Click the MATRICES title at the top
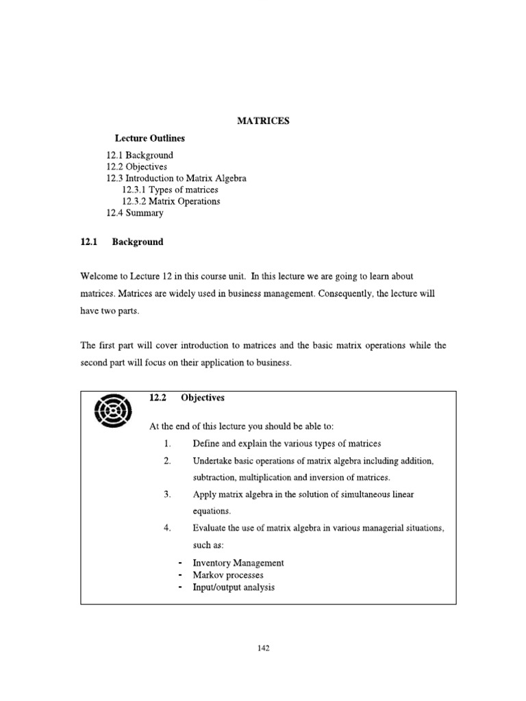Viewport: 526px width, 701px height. pyautogui.click(x=263, y=120)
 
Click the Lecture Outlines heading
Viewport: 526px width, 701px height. pyautogui.click(x=150, y=138)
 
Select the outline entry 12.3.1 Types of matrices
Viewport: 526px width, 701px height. pyautogui.click(x=170, y=190)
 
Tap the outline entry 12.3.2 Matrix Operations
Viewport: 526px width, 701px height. pyautogui.click(x=171, y=201)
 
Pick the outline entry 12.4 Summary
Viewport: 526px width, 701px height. pyautogui.click(x=135, y=213)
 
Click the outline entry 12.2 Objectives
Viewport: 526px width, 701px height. pyautogui.click(x=136, y=166)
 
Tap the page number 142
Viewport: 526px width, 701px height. pyautogui.click(x=264, y=649)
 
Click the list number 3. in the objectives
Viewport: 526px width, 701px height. pyautogui.click(x=166, y=494)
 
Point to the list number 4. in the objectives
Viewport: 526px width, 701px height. pyautogui.click(x=166, y=528)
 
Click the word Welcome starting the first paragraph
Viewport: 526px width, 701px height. pyautogui.click(x=99, y=276)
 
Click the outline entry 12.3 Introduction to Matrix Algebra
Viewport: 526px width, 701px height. pyautogui.click(x=176, y=178)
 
